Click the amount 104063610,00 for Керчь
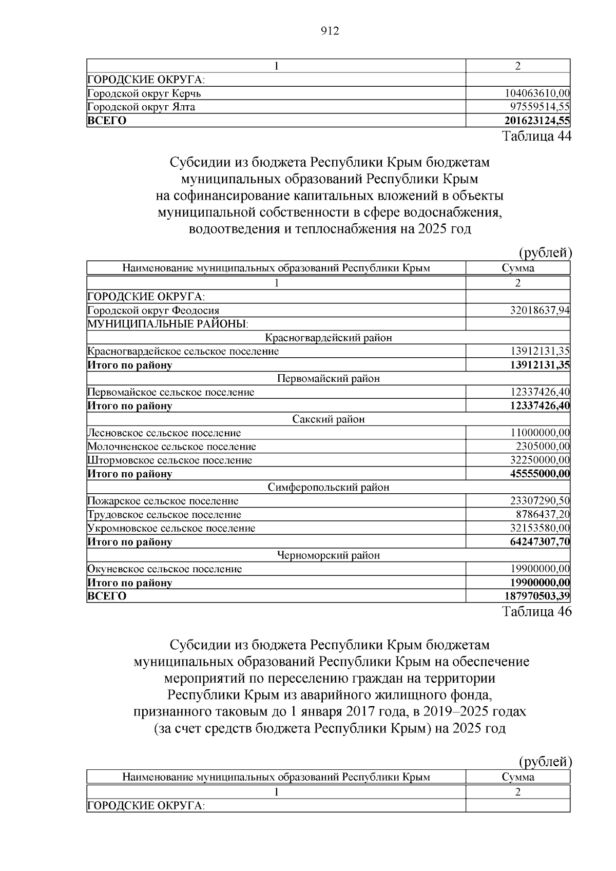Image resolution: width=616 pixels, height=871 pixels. point(537,93)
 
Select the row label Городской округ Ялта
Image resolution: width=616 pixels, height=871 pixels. point(141,107)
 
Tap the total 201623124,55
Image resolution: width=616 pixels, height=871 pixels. point(536,121)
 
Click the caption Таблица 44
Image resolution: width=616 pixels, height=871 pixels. point(536,137)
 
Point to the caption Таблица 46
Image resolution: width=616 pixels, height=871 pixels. point(536,612)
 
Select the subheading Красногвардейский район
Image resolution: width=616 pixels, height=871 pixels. point(329,338)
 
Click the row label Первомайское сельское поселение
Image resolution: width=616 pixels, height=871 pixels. point(171,392)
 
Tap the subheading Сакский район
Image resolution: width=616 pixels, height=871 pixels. point(329,419)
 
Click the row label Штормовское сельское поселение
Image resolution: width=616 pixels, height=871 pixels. point(170,460)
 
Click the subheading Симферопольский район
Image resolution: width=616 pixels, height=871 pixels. point(329,487)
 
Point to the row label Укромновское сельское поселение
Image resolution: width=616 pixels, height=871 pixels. point(171,528)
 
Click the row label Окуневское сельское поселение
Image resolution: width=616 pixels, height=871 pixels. point(165,569)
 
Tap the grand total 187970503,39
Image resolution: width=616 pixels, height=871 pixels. point(537,596)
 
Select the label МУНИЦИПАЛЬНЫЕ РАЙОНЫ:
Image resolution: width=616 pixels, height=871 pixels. point(168,324)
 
